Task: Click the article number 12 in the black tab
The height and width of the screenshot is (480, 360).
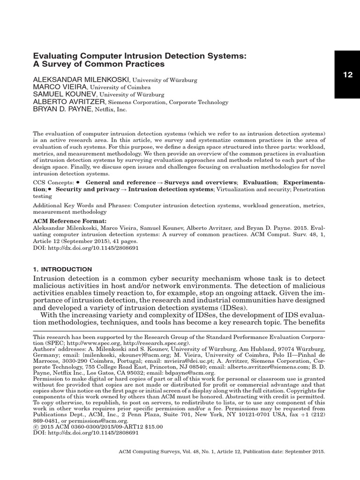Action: tap(347, 75)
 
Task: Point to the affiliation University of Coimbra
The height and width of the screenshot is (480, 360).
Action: tap(120, 87)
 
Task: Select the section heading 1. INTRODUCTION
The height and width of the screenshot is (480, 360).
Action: tap(62, 269)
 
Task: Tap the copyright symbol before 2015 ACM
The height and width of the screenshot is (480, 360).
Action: tap(35, 427)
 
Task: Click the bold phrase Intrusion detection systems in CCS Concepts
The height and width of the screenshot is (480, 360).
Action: tap(170, 189)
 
